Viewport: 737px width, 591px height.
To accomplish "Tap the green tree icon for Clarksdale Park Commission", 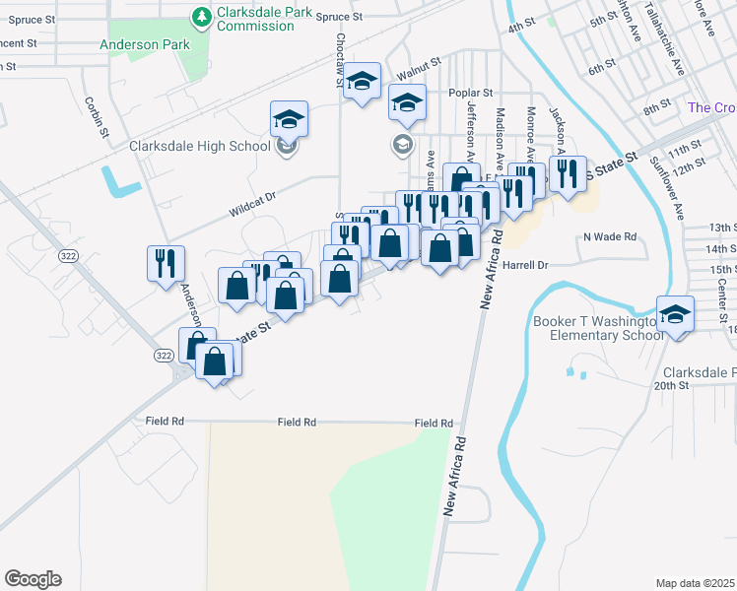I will coord(201,16).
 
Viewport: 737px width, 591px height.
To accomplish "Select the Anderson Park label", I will coord(144,44).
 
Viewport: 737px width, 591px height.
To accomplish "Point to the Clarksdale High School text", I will coord(200,146).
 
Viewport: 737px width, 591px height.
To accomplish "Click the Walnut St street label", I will coord(418,74).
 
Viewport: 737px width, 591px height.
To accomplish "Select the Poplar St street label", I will coord(469,94).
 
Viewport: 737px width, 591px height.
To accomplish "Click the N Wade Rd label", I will coord(610,236).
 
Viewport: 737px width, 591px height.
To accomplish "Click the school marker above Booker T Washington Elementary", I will coord(675,315).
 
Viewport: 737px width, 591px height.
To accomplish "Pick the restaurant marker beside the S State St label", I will coord(568,175).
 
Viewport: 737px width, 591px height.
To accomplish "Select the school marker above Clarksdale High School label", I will coord(290,119).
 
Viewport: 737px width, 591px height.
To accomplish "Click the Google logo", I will coord(33,579).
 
